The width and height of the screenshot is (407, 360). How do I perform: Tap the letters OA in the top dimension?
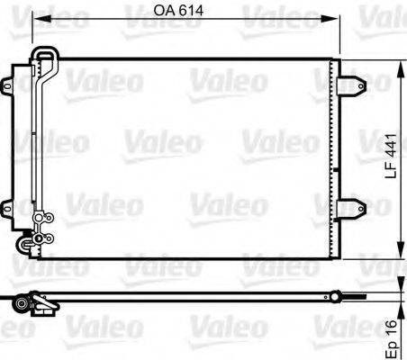tap(167, 12)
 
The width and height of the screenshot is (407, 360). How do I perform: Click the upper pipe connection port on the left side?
tap(41, 217)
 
